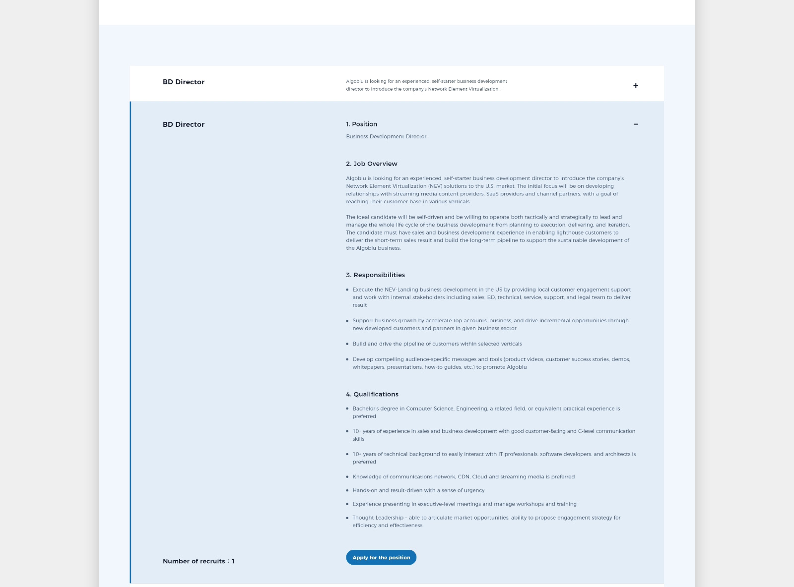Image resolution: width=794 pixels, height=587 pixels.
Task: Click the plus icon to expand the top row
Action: (x=636, y=86)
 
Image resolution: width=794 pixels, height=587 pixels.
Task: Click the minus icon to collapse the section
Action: (x=636, y=124)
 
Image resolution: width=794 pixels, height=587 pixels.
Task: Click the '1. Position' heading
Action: (x=361, y=124)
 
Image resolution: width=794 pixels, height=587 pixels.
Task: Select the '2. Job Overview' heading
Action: (x=371, y=164)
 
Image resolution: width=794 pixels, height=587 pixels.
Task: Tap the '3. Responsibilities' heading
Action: (x=375, y=275)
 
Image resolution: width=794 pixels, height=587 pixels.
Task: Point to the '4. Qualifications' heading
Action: (x=372, y=394)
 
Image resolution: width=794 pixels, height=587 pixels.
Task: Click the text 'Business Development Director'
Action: (x=386, y=136)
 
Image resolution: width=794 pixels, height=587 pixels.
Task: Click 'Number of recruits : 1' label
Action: (x=198, y=561)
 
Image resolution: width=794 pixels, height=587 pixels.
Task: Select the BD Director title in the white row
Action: (x=184, y=82)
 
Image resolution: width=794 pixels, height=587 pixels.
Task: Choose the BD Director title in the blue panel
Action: (x=184, y=124)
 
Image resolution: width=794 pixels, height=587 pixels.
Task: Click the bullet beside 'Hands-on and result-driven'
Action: (x=347, y=491)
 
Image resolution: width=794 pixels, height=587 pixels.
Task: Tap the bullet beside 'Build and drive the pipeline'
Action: (x=347, y=344)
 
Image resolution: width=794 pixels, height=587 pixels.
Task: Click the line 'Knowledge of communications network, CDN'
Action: (x=463, y=477)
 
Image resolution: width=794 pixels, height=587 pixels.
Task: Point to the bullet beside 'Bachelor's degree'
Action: (x=347, y=409)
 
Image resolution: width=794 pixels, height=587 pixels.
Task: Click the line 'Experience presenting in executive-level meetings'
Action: (x=464, y=504)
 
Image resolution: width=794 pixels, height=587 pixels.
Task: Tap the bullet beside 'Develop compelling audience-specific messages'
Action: (x=347, y=359)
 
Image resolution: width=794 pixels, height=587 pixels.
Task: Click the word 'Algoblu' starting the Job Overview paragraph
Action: (x=356, y=178)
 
